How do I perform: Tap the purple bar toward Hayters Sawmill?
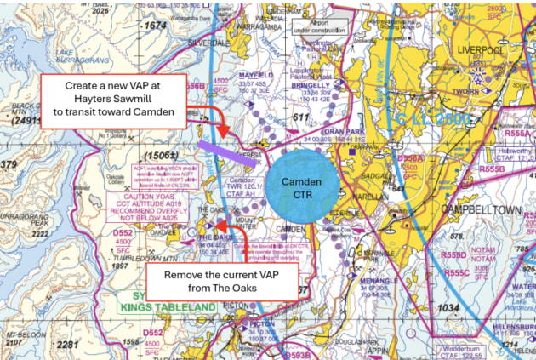tap(232, 155)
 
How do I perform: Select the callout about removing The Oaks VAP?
tap(224, 282)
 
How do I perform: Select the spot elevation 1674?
tap(155, 26)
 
